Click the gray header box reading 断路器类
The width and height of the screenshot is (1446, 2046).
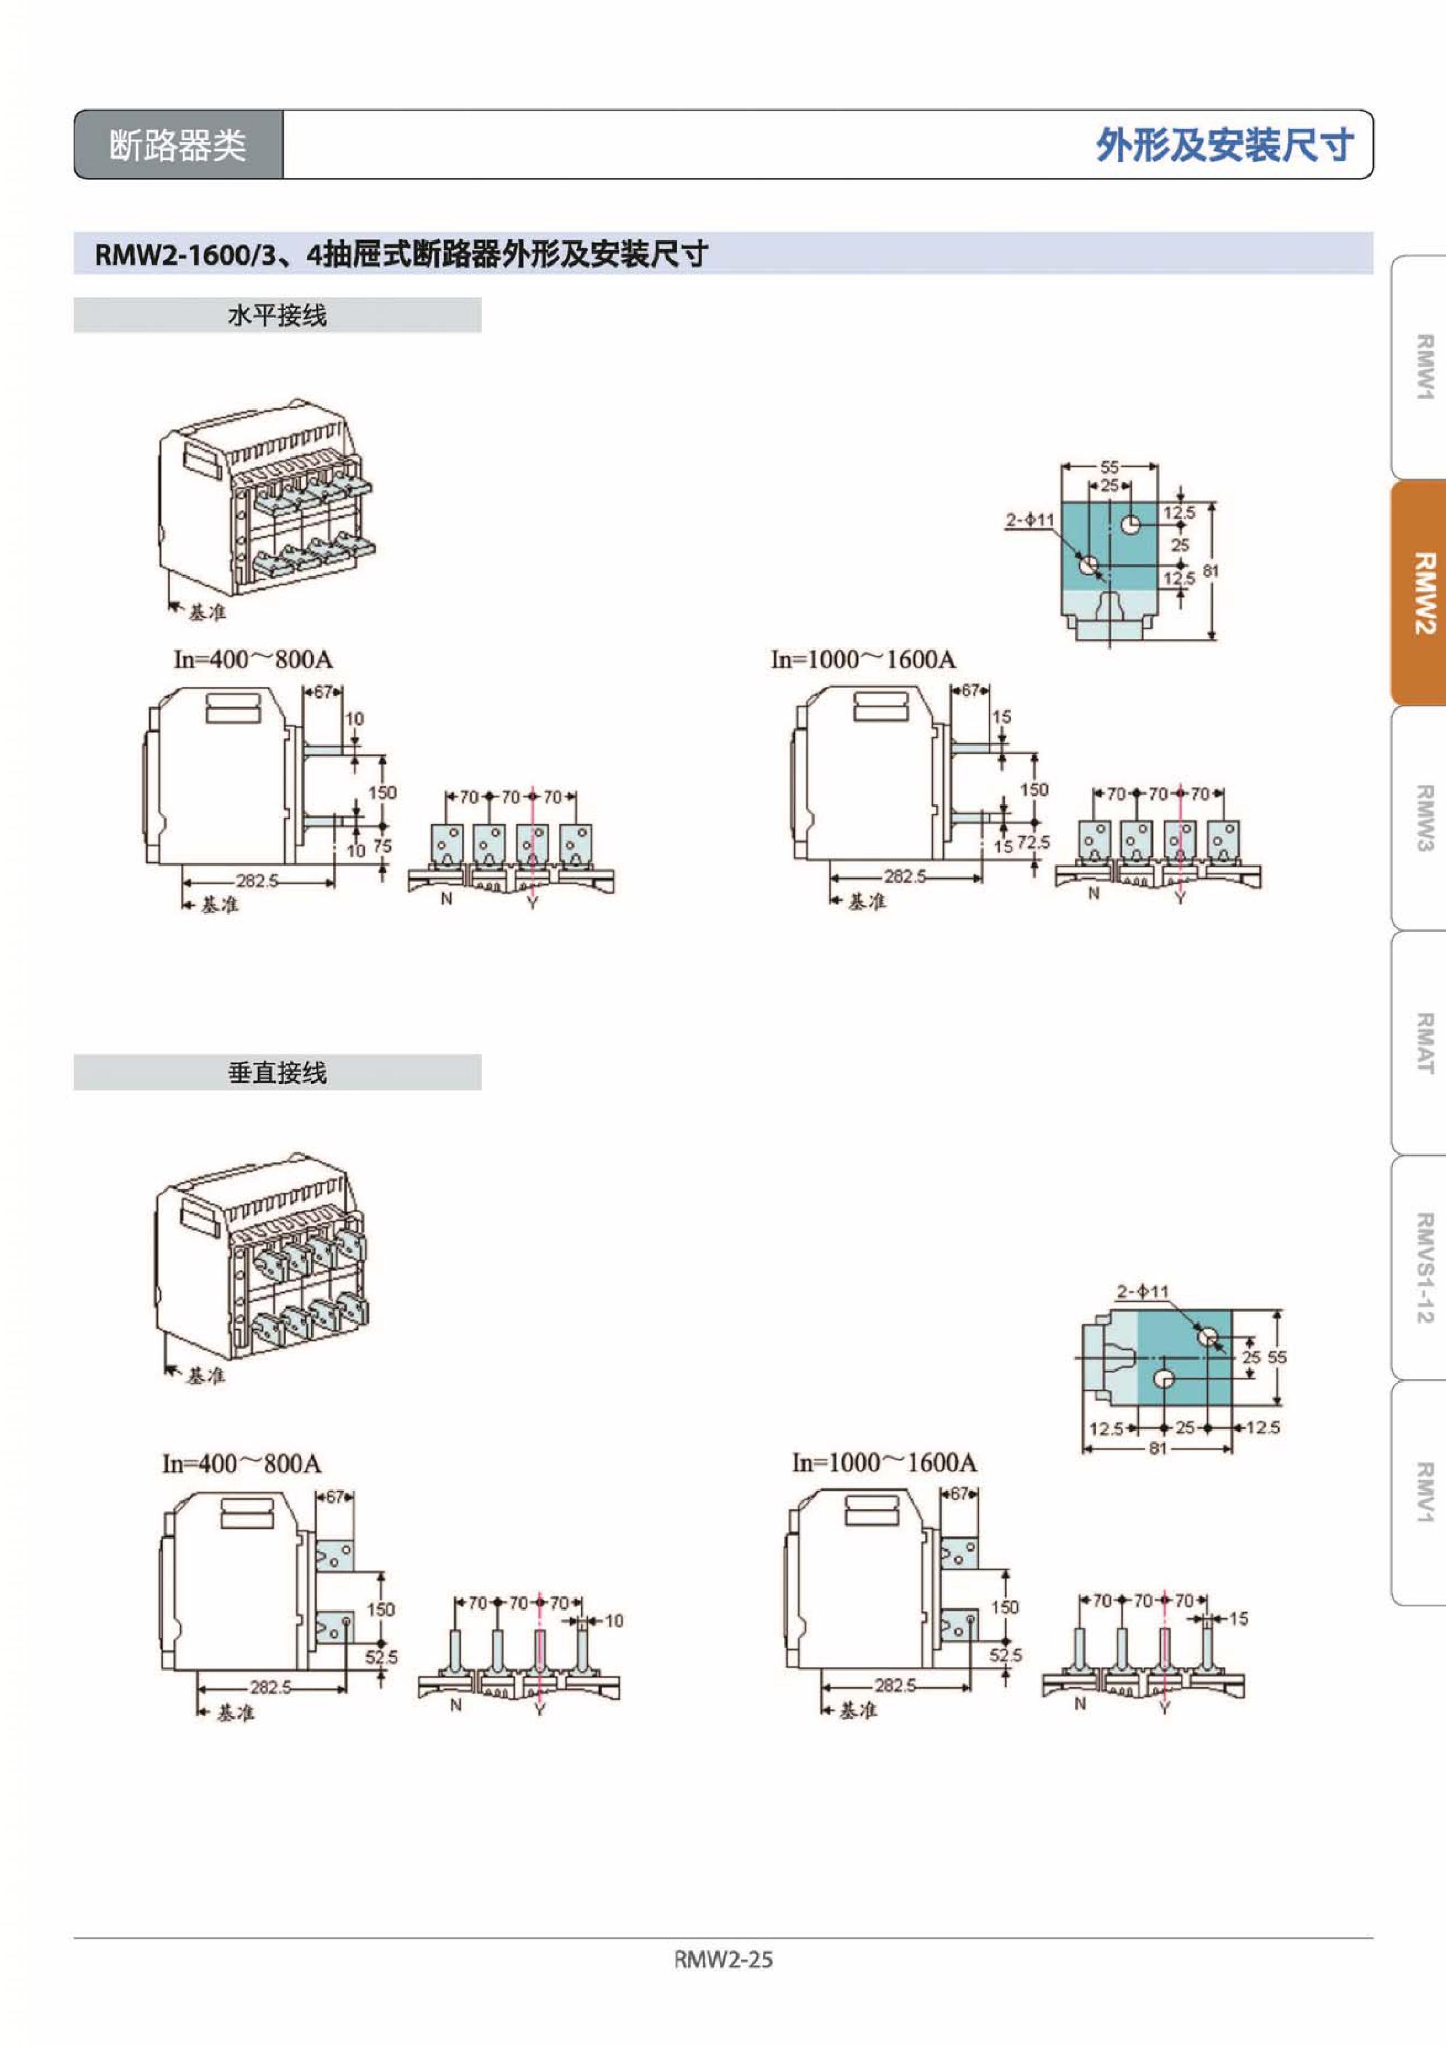178,145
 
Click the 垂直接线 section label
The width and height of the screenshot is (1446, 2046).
277,1073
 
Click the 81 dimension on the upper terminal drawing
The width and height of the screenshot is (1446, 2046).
1210,570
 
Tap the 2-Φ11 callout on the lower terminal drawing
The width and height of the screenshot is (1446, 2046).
1143,1290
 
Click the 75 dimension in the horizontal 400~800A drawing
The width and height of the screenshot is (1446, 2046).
382,845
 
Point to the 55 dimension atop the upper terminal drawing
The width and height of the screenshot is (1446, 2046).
1109,467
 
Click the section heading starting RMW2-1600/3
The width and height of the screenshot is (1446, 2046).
401,255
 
